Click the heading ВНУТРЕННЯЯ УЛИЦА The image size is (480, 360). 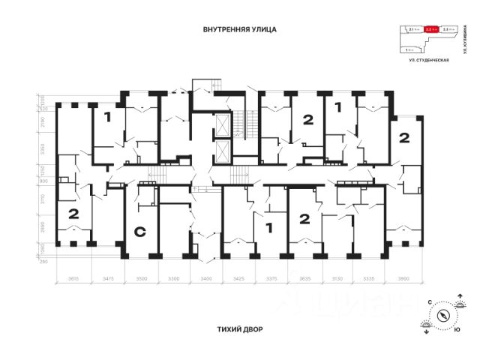click(240, 31)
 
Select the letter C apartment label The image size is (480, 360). click(139, 232)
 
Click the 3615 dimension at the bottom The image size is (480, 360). click(73, 279)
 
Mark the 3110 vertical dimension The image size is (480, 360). click(43, 198)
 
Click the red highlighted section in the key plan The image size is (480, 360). click(432, 30)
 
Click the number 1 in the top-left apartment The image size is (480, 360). click(107, 116)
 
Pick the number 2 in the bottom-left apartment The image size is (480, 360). click(73, 214)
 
